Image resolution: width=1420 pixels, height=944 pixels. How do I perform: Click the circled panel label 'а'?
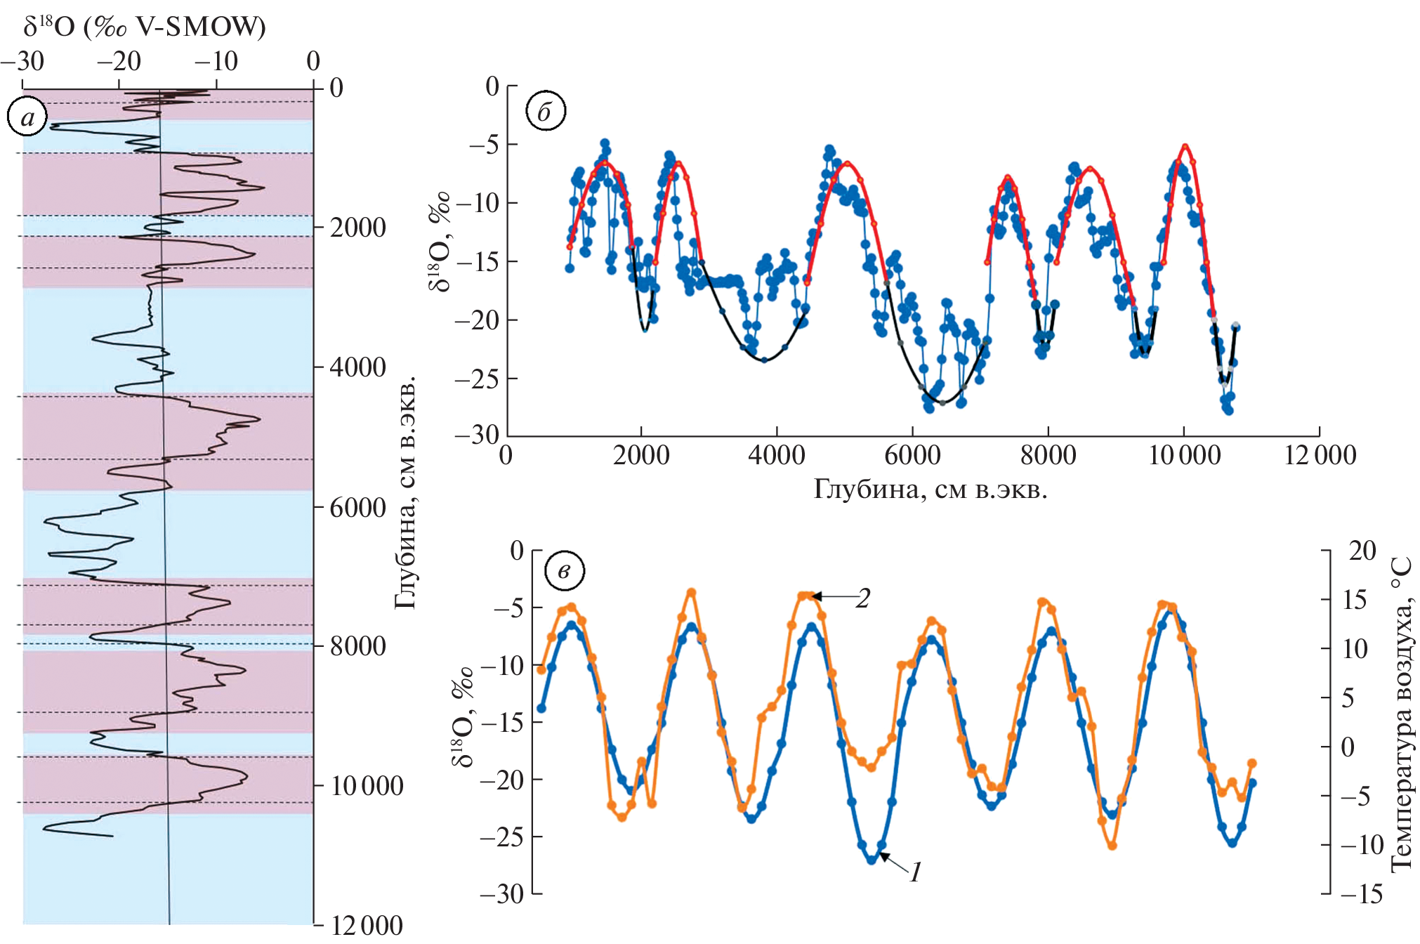[27, 117]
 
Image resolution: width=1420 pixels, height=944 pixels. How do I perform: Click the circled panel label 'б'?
[546, 111]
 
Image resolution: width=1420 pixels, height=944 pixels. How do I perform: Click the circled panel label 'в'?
[564, 571]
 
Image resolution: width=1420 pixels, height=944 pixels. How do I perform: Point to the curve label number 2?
[863, 598]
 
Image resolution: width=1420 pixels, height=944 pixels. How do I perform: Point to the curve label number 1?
[915, 872]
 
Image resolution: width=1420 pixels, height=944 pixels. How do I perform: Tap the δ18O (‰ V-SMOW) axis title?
[144, 27]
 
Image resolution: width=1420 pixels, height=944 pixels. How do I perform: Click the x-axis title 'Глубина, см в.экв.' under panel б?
[930, 489]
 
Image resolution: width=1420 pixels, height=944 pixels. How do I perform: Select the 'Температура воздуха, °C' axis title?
[1400, 714]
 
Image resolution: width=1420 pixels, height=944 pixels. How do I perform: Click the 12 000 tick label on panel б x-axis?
[1320, 455]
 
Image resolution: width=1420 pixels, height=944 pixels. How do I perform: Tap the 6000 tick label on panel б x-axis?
[912, 455]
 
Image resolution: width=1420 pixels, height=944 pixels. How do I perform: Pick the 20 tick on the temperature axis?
[1362, 551]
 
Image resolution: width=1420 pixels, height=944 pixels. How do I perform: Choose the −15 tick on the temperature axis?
[1361, 894]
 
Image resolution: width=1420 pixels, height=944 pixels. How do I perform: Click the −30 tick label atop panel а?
[22, 62]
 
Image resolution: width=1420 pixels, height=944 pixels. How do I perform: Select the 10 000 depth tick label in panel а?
[367, 785]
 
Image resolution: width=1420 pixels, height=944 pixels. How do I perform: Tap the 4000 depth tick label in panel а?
[357, 367]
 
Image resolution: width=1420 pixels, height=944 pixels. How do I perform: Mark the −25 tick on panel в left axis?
[501, 837]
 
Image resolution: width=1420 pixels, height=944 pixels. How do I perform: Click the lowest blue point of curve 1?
[872, 859]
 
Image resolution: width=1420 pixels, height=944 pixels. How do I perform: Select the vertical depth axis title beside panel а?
[405, 492]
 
